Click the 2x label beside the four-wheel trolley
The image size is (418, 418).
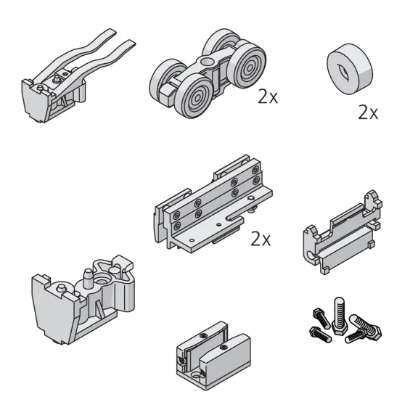point(268,97)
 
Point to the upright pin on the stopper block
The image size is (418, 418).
point(86,276)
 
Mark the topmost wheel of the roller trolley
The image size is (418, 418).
point(222,43)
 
